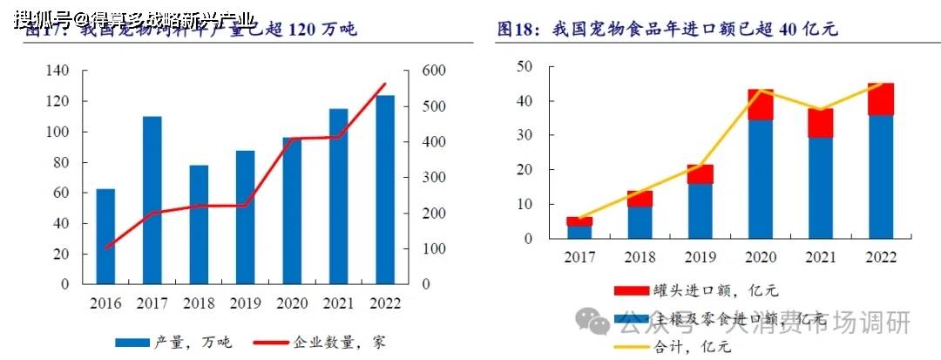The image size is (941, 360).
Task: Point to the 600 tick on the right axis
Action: tap(434, 71)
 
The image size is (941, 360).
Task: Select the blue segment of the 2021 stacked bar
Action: tap(820, 187)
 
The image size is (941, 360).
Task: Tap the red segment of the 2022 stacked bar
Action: tap(880, 99)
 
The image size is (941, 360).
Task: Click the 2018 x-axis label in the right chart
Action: tap(640, 257)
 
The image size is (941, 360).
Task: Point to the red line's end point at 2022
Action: tap(385, 84)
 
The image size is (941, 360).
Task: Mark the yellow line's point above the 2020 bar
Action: tap(761, 90)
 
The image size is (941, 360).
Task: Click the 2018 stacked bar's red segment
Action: tap(640, 199)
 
